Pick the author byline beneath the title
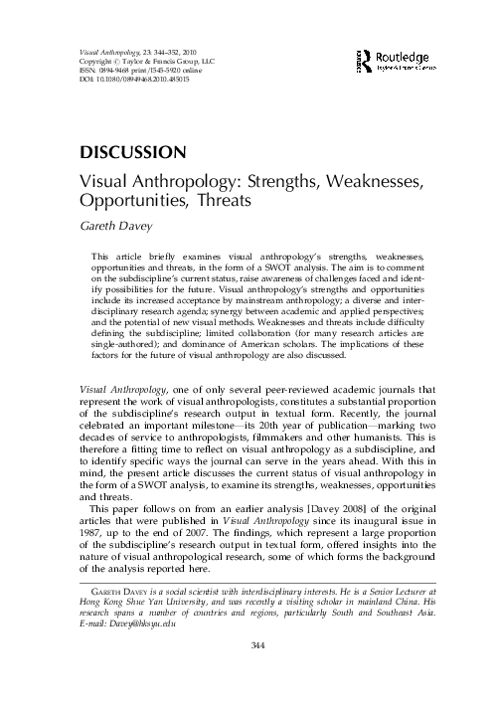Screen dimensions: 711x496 click(110, 226)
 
